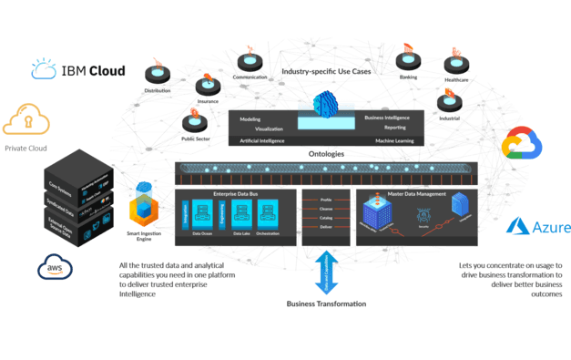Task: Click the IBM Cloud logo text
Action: pos(92,70)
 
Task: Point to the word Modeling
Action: pos(250,119)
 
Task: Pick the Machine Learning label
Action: pos(391,141)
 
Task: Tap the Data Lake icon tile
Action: pos(241,218)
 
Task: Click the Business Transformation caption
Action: pos(327,303)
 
